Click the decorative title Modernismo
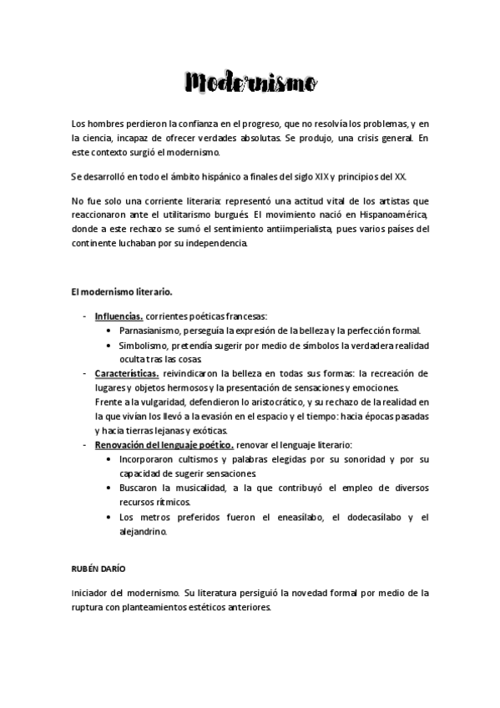(x=250, y=83)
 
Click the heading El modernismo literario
(x=122, y=291)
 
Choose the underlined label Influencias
(x=119, y=316)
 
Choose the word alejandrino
(x=143, y=531)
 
